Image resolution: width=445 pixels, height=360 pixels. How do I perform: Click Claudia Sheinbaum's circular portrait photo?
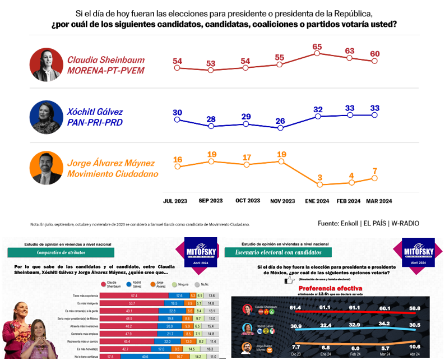(46, 65)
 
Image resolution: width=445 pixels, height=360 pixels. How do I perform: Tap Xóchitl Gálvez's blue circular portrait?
(46, 117)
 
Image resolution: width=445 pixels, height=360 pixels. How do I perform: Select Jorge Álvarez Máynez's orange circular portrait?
(46, 168)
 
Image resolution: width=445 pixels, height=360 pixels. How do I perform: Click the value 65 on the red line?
(317, 47)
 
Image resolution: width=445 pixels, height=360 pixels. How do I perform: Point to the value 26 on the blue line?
(280, 121)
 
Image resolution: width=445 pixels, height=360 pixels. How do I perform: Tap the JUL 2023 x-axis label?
(176, 201)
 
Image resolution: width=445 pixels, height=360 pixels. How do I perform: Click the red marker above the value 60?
(375, 61)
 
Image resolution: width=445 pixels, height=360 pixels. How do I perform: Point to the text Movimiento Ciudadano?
(113, 174)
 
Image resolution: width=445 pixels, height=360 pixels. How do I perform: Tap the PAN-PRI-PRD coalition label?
(95, 122)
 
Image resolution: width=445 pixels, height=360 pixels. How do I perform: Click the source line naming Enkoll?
(368, 223)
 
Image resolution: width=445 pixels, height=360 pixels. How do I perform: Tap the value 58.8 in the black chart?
(415, 308)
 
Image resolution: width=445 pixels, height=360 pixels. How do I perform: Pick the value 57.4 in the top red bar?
(134, 296)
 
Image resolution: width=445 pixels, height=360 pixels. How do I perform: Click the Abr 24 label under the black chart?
(415, 355)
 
